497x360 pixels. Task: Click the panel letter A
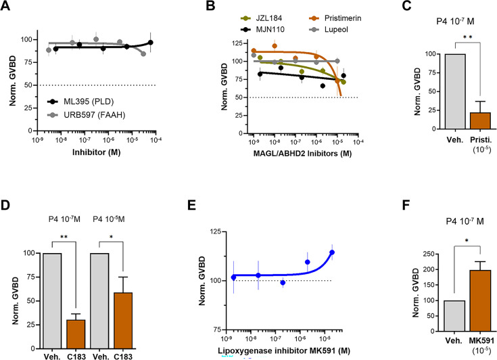point(7,8)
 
